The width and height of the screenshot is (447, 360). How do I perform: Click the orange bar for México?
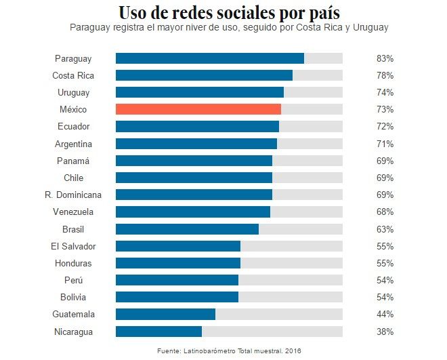click(198, 109)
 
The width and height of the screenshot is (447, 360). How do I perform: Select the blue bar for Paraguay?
click(210, 58)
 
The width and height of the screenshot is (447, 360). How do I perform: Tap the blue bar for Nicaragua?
click(158, 332)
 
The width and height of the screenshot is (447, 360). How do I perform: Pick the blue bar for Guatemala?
click(165, 315)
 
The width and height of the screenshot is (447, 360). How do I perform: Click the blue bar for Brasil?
click(187, 229)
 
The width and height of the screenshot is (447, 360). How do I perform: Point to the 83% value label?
click(385, 58)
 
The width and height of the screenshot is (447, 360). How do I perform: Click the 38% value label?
click(385, 332)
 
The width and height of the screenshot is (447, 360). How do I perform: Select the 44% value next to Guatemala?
click(385, 315)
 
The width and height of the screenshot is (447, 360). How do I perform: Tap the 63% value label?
click(385, 229)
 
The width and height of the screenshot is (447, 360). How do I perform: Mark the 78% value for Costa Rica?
click(385, 75)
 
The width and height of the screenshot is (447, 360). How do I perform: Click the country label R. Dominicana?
click(73, 195)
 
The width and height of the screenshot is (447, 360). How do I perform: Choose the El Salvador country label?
click(73, 246)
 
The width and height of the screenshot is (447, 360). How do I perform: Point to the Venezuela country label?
click(73, 212)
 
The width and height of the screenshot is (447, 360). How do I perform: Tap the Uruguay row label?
click(73, 92)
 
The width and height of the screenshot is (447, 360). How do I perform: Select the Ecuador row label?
click(73, 127)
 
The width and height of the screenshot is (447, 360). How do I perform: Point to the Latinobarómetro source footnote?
click(229, 351)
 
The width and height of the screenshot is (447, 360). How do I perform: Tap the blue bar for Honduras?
click(178, 263)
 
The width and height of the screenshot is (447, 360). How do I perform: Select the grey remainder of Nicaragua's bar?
click(272, 332)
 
